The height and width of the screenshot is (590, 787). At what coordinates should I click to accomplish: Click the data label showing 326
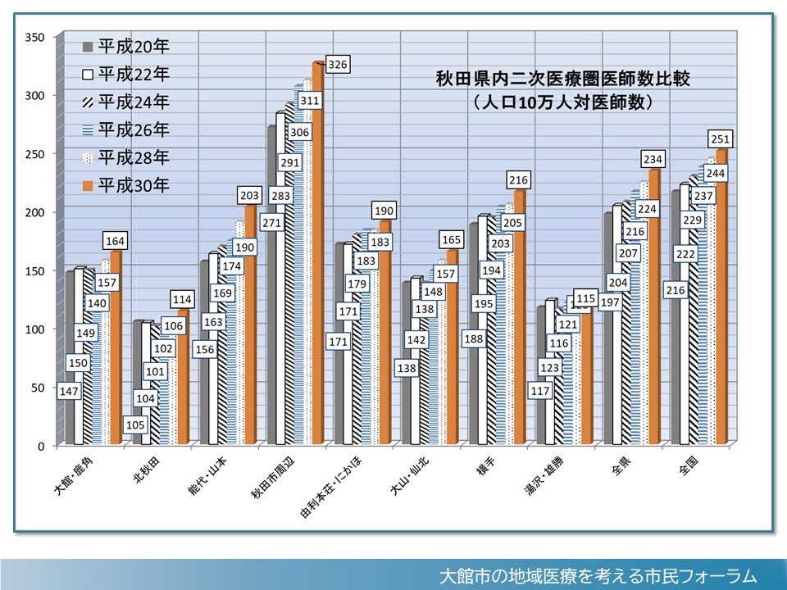point(337,63)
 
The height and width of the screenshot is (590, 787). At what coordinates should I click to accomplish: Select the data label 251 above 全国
point(721,138)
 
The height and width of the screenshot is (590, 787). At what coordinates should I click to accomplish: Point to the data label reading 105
point(137,424)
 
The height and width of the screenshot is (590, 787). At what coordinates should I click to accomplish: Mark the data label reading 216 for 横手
point(519,179)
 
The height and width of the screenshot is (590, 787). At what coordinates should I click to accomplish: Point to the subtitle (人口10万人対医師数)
point(562,103)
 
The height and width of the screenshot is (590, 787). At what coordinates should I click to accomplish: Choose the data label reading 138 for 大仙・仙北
point(407,369)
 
